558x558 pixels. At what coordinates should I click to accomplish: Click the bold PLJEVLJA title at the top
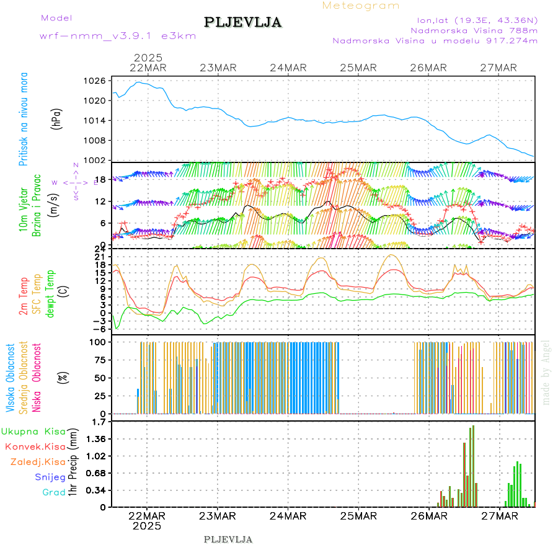[x=243, y=23]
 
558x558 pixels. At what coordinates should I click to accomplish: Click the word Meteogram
[x=361, y=6]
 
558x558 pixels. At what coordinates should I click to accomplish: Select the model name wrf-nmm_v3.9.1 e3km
[x=118, y=36]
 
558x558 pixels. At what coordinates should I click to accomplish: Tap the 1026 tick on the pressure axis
[x=95, y=81]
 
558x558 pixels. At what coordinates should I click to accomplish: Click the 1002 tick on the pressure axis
[x=95, y=160]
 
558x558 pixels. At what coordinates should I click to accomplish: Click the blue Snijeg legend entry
[x=50, y=477]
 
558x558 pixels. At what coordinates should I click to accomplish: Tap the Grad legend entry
[x=53, y=492]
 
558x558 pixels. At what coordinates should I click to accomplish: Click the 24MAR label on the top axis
[x=288, y=68]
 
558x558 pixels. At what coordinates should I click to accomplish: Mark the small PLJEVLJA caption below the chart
[x=228, y=539]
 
